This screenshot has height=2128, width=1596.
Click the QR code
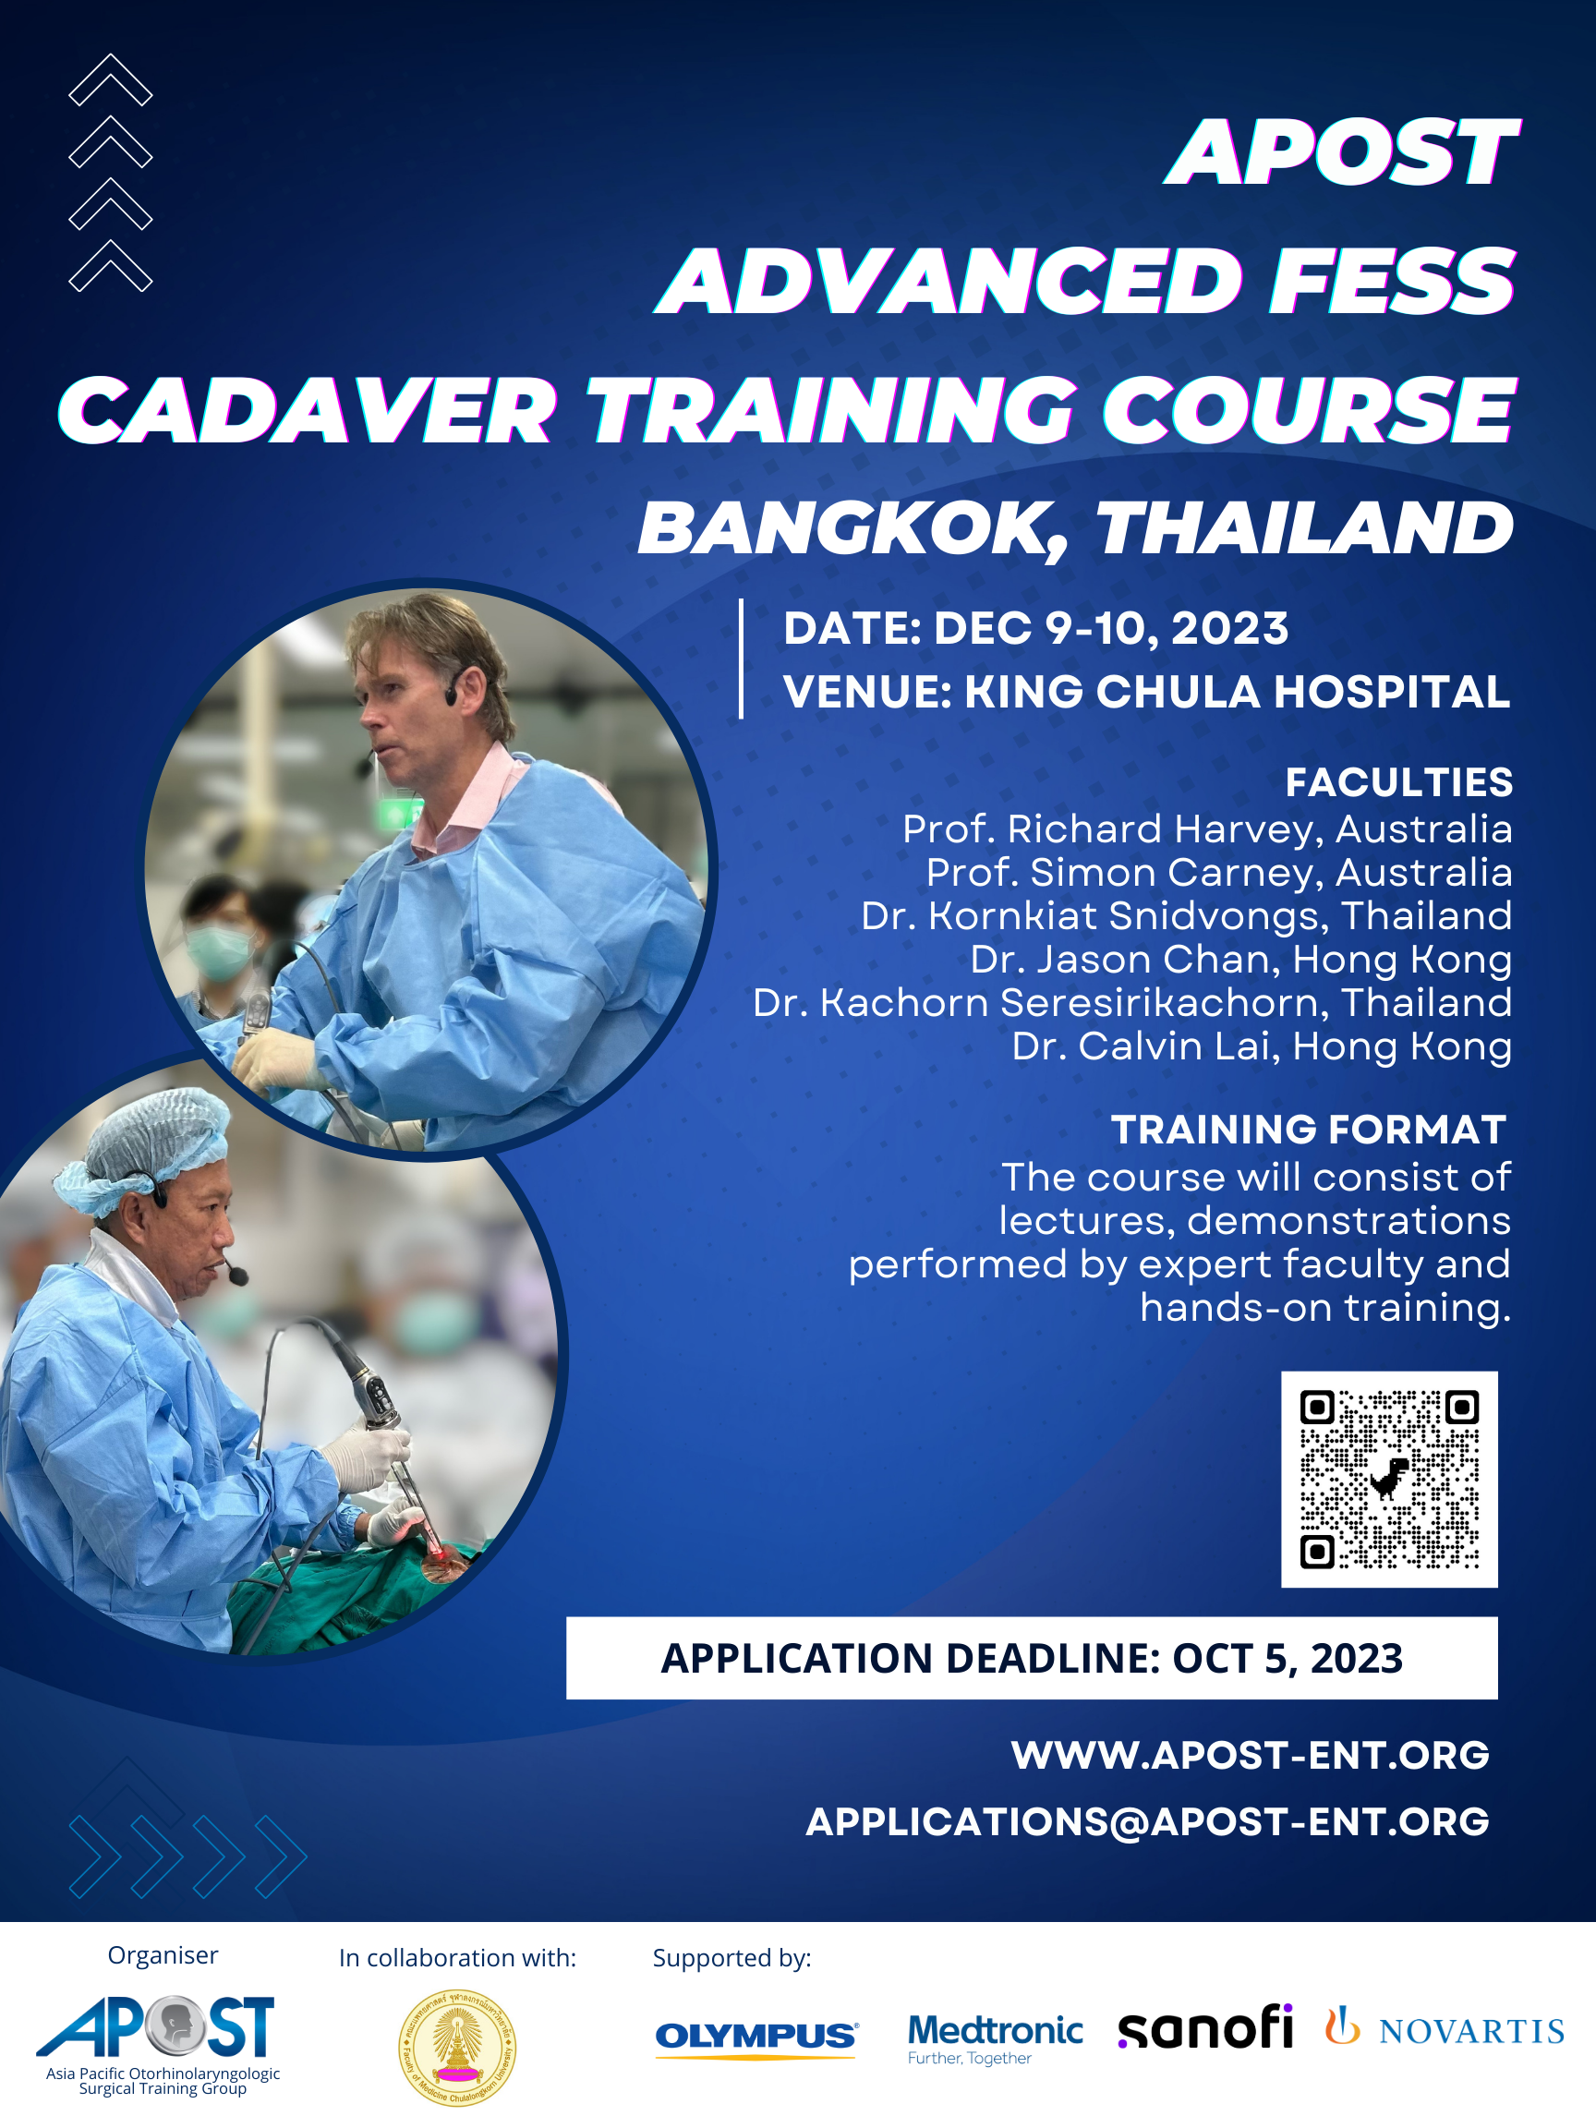click(1389, 1479)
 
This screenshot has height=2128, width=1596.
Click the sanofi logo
click(1204, 2028)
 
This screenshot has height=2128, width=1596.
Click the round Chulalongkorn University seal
click(457, 2048)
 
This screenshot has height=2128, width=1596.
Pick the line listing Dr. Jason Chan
click(1241, 959)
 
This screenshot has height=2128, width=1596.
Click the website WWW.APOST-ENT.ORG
click(1250, 1756)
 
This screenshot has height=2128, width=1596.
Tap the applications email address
click(1147, 1822)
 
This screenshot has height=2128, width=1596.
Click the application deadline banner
click(1032, 1658)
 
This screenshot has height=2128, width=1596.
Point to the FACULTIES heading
click(1398, 782)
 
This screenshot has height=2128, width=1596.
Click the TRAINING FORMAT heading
click(1309, 1130)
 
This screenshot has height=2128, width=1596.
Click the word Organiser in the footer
click(163, 1955)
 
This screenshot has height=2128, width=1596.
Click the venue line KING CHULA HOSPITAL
click(1237, 692)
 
